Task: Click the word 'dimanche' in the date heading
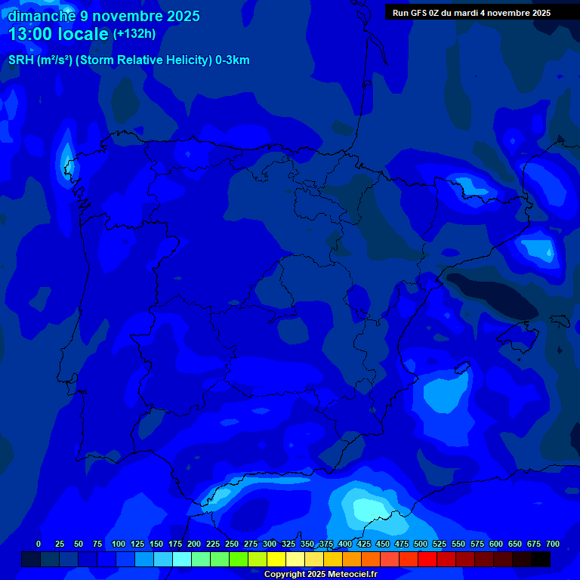coord(40,16)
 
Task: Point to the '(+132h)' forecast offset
coord(134,34)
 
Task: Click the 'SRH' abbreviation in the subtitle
coord(20,60)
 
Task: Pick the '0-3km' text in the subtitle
coord(233,60)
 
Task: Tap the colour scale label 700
coord(553,544)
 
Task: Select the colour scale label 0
coord(39,544)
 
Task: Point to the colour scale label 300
coord(270,544)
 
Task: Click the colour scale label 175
coord(175,544)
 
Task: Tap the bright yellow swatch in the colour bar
coord(276,559)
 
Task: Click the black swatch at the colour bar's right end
coord(541,559)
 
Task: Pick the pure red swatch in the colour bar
coord(427,559)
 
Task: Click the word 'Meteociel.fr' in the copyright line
coord(350,575)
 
